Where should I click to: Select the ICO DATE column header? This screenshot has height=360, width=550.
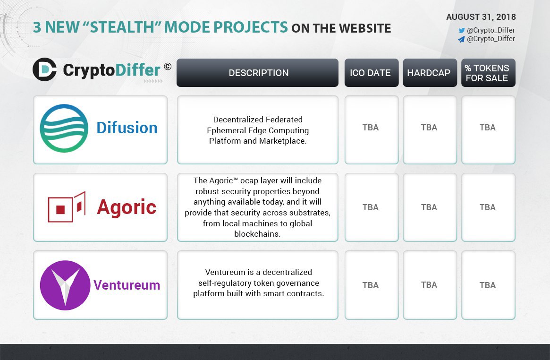pyautogui.click(x=372, y=73)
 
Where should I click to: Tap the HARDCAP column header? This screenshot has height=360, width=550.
pyautogui.click(x=430, y=73)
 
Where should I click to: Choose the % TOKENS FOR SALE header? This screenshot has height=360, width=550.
pyautogui.click(x=488, y=73)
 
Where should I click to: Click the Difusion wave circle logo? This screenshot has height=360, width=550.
pyautogui.click(x=64, y=128)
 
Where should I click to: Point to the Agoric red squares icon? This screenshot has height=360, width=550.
pyautogui.click(x=67, y=207)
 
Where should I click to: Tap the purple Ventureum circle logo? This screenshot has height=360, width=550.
pyautogui.click(x=65, y=285)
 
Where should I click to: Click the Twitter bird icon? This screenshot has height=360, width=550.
pyautogui.click(x=462, y=31)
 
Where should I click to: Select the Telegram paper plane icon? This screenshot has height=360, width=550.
pyautogui.click(x=461, y=39)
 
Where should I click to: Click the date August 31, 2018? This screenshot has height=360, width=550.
pyautogui.click(x=481, y=17)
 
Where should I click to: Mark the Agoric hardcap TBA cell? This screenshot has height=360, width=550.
pyautogui.click(x=430, y=207)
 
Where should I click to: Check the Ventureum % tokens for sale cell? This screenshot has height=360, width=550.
pyautogui.click(x=488, y=285)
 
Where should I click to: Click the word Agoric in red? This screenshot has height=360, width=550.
pyautogui.click(x=126, y=207)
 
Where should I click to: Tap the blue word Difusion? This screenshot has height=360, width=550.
pyautogui.click(x=127, y=128)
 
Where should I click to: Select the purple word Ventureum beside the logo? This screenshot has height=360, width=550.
pyautogui.click(x=127, y=285)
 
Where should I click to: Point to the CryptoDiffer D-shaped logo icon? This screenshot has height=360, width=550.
pyautogui.click(x=44, y=69)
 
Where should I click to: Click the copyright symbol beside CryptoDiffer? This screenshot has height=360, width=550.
pyautogui.click(x=168, y=66)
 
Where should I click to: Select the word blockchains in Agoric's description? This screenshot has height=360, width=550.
pyautogui.click(x=257, y=234)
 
